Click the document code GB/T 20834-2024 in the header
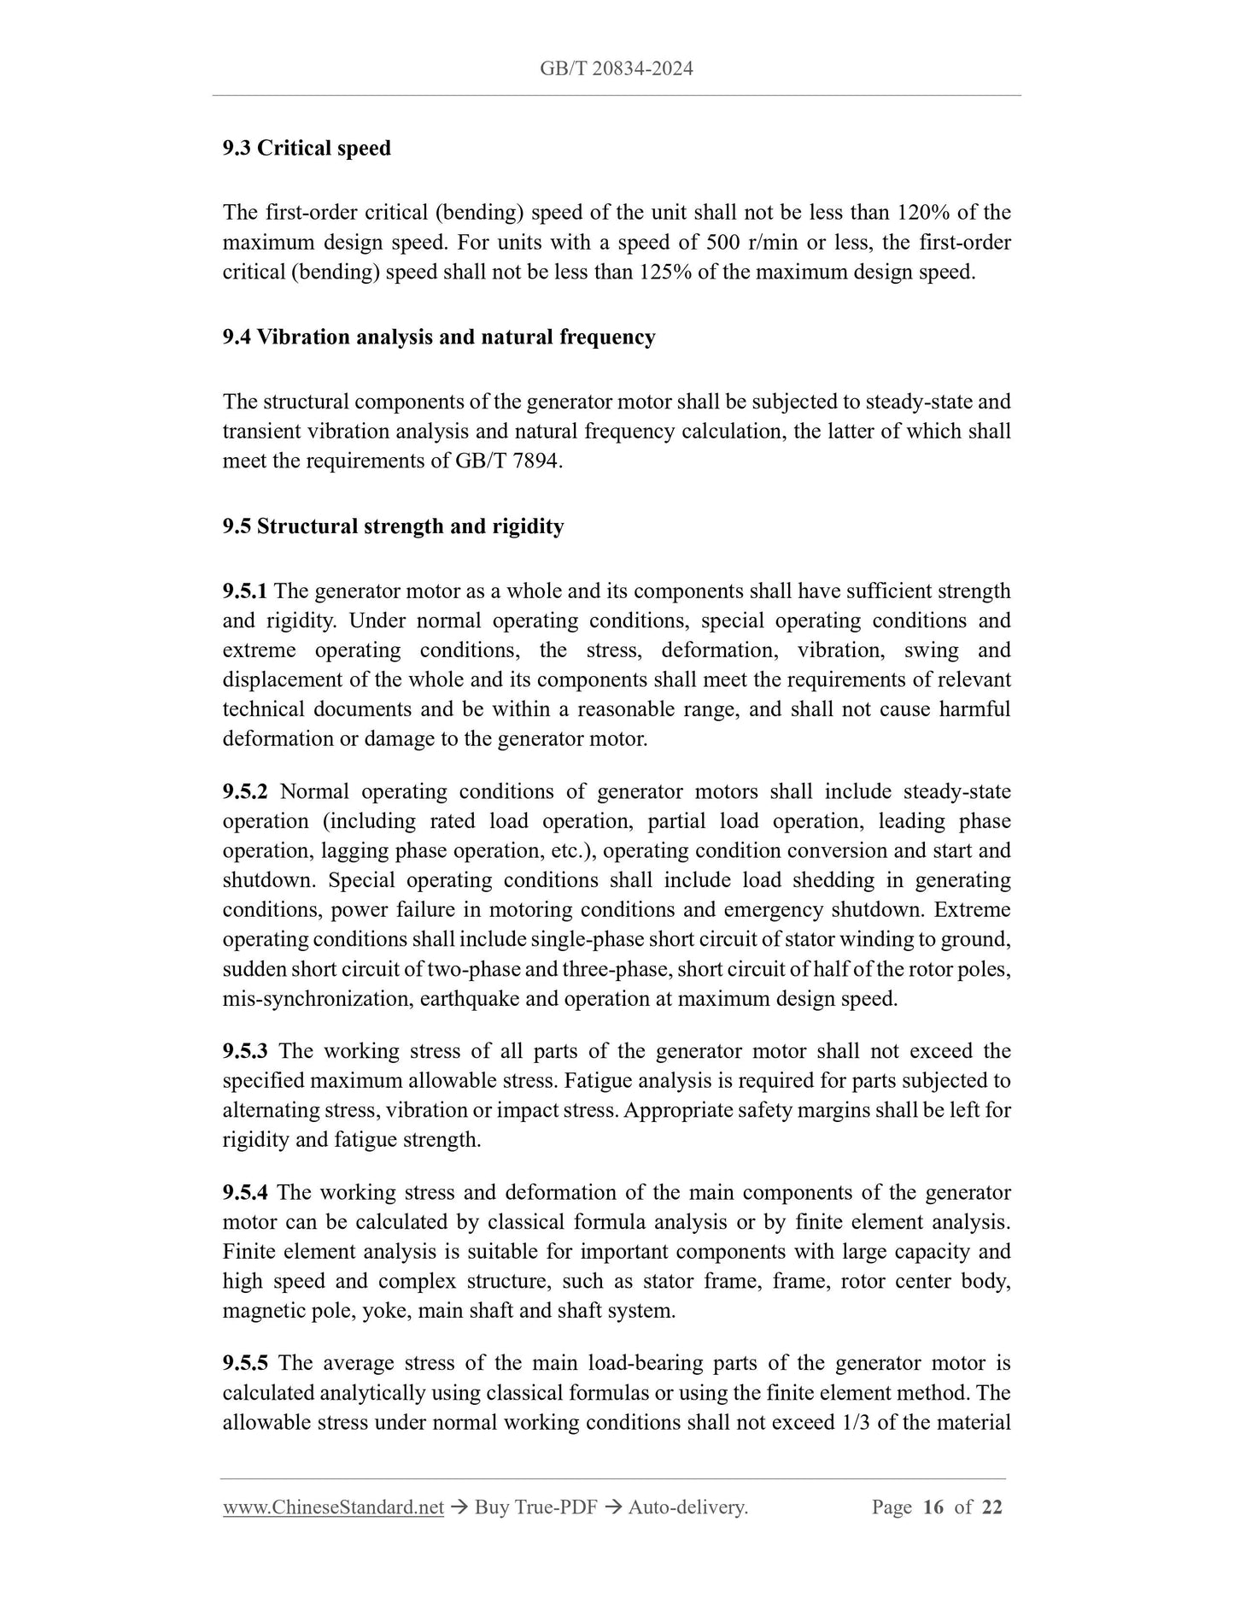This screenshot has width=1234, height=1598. (616, 68)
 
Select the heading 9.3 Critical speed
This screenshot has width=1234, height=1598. (307, 148)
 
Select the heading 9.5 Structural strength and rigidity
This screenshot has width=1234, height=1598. (393, 526)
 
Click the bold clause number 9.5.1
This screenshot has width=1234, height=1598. (245, 590)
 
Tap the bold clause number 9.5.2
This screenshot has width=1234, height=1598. (245, 791)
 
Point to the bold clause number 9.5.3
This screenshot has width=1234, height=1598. (245, 1050)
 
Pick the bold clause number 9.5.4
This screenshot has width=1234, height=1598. (245, 1192)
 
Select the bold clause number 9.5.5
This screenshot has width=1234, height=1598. (245, 1364)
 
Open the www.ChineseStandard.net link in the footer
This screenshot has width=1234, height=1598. (333, 1507)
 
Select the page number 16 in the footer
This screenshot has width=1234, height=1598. (933, 1507)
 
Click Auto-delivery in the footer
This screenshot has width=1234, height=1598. (687, 1507)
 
